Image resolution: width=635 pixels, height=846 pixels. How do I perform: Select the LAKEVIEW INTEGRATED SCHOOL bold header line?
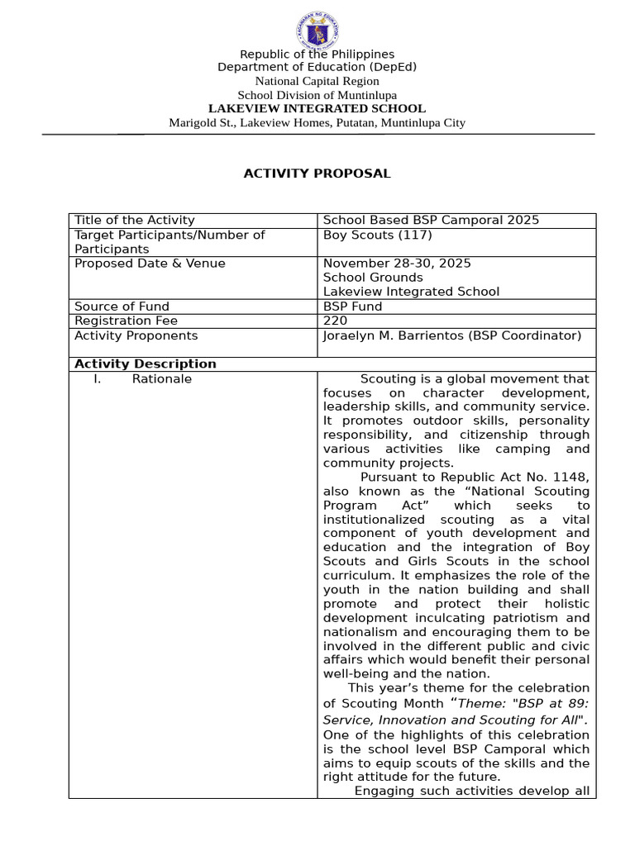pyautogui.click(x=317, y=108)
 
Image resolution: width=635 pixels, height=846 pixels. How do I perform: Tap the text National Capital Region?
pyautogui.click(x=317, y=81)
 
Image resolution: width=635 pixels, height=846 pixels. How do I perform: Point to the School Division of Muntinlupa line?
pyautogui.click(x=317, y=95)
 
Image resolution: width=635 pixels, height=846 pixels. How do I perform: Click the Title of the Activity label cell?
pyautogui.click(x=135, y=220)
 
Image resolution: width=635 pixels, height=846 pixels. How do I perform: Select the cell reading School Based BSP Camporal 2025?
pyautogui.click(x=431, y=220)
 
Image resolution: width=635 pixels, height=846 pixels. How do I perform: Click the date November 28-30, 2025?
pyautogui.click(x=397, y=264)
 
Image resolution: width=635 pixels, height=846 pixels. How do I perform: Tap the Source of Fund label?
pyautogui.click(x=122, y=307)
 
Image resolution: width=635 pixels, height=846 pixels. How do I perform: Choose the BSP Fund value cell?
pyautogui.click(x=352, y=307)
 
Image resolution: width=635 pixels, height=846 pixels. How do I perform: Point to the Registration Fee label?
pyautogui.click(x=126, y=321)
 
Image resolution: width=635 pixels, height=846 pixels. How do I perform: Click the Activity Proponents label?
pyautogui.click(x=136, y=335)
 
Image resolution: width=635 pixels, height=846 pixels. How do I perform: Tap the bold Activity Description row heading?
pyautogui.click(x=146, y=364)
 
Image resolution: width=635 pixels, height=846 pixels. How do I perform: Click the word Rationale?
pyautogui.click(x=162, y=379)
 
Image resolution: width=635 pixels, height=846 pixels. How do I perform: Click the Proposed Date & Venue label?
pyautogui.click(x=150, y=264)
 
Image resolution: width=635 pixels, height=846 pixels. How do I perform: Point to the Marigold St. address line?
pyautogui.click(x=317, y=123)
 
